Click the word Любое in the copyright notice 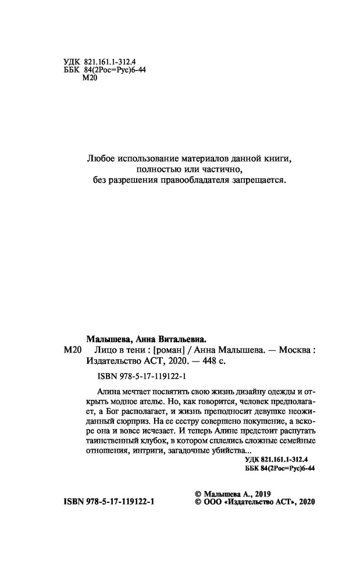(x=99, y=158)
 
